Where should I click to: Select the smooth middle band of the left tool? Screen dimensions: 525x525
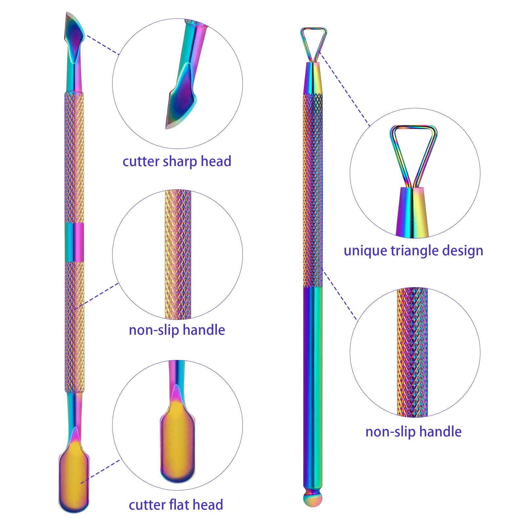tap(74, 242)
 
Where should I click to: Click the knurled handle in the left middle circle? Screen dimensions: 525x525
tap(178, 254)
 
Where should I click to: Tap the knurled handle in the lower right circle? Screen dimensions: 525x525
tap(412, 352)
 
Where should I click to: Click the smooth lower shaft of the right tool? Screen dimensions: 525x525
tap(313, 387)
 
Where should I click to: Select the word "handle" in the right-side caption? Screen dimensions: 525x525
tap(440, 431)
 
